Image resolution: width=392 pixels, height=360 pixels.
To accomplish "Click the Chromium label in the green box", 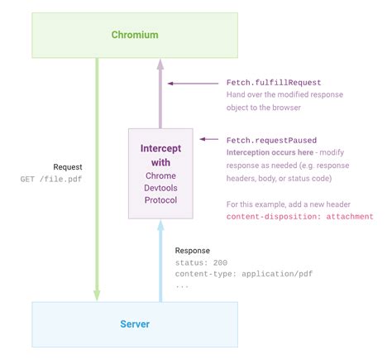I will (135, 34).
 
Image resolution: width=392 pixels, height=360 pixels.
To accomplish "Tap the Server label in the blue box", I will (135, 324).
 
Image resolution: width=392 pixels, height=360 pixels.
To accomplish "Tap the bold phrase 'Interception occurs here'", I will (269, 153).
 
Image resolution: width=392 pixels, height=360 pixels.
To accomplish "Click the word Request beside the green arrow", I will (68, 166).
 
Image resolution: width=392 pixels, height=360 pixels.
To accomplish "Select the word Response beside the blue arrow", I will (193, 250).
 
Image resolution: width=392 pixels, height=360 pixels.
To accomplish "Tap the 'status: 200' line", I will (201, 262).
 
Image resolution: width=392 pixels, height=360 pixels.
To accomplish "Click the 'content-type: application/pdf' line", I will (244, 274).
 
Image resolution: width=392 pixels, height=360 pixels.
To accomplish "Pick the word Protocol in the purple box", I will (160, 201).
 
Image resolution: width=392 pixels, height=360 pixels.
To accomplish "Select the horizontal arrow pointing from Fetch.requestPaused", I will (210, 140).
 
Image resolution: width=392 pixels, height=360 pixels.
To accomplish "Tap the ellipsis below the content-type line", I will (182, 286).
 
